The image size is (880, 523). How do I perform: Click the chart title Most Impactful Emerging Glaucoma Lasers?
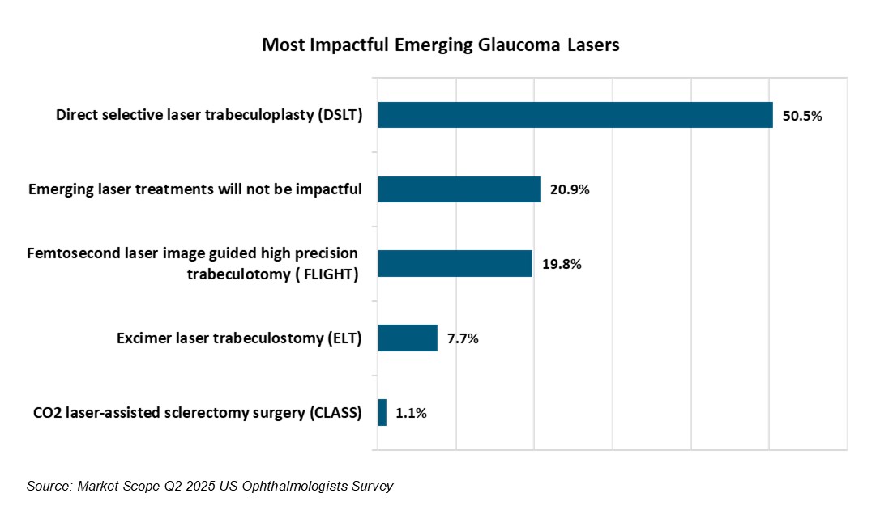[x=440, y=46]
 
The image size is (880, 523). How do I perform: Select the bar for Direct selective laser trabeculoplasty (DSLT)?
[x=575, y=115]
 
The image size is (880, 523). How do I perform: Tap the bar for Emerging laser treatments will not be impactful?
[x=459, y=189]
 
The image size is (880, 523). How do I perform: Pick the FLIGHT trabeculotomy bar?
[x=455, y=264]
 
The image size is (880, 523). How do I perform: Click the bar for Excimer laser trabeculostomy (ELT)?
[x=408, y=338]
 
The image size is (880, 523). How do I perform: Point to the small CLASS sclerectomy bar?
[x=382, y=413]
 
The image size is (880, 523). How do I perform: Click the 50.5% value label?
[x=802, y=116]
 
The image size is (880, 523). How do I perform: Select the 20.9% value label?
[x=570, y=190]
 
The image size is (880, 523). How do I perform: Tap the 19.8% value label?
[x=562, y=265]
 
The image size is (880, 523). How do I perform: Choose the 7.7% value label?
[x=462, y=339]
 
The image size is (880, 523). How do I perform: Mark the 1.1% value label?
[x=411, y=414]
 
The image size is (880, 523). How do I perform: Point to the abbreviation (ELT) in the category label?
[x=344, y=338]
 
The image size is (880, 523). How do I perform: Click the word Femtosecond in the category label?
[x=67, y=254]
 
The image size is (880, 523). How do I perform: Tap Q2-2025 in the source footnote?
[x=183, y=486]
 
